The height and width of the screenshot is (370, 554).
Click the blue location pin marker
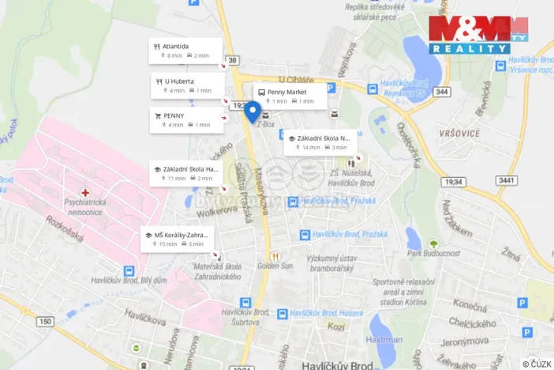click(253, 111)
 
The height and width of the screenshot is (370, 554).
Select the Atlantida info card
click(186, 51)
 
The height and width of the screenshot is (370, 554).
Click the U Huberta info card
click(186, 85)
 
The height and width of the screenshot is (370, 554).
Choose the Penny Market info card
click(290, 96)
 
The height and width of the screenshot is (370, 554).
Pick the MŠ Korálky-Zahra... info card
click(178, 239)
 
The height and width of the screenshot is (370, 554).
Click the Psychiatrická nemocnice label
click(88, 207)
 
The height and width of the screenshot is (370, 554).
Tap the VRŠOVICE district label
click(457, 134)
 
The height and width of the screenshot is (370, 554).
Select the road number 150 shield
click(45, 321)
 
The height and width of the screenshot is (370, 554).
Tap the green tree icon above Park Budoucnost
click(432, 244)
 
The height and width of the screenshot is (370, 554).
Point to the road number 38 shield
click(232, 59)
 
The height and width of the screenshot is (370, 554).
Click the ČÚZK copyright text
click(536, 363)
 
